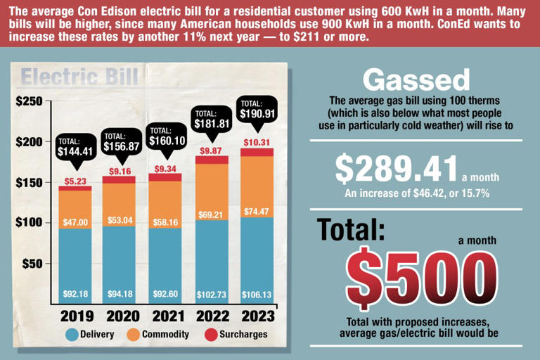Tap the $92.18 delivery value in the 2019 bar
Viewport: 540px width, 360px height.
point(75,294)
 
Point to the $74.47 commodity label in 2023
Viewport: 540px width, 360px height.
point(257,211)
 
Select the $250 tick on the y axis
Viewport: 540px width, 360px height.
point(29,101)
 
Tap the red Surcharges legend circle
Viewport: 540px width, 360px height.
point(210,334)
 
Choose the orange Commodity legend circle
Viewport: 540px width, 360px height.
point(134,334)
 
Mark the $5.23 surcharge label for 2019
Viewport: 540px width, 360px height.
point(75,181)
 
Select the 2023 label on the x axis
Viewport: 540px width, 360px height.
point(257,316)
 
